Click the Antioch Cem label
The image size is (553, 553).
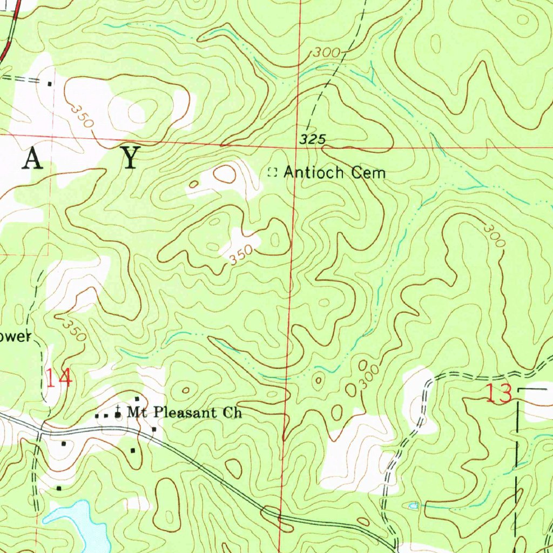coord(335,173)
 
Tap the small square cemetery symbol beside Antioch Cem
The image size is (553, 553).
coord(273,173)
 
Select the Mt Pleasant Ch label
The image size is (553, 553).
coord(184,413)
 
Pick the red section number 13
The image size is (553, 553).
coord(498,394)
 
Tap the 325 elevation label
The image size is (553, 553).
coord(313,139)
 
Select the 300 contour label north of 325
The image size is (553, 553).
coord(326,53)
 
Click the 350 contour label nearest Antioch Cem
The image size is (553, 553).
coord(240,255)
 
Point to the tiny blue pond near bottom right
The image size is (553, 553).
coord(413,506)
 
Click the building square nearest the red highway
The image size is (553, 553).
coord(50,84)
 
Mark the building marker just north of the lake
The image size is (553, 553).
coord(59,488)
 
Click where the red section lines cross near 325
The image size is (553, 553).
coord(295,146)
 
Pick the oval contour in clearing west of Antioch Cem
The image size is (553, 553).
coord(225,174)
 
